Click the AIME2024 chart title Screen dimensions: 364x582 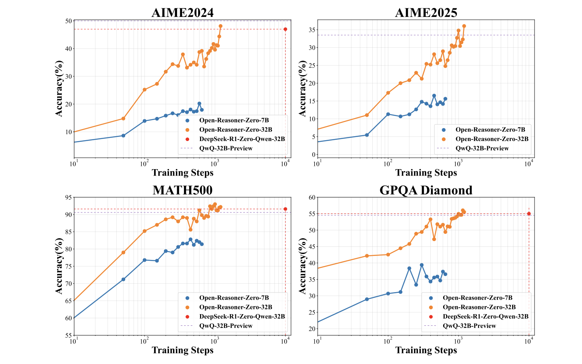click(x=182, y=12)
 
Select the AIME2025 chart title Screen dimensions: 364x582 click(x=426, y=12)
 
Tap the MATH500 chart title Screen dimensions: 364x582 click(x=182, y=190)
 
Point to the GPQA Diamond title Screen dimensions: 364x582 click(x=426, y=190)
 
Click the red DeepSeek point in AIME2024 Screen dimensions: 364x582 click(x=285, y=29)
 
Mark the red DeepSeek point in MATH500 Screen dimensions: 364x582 click(x=285, y=209)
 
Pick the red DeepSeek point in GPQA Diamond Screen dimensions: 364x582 click(x=529, y=214)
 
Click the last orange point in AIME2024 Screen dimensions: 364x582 click(x=221, y=26)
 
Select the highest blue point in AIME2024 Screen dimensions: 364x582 click(x=199, y=104)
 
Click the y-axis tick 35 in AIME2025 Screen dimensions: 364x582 click(x=312, y=30)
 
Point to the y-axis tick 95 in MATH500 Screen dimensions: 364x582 click(x=68, y=197)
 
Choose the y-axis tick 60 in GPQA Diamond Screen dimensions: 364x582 click(x=312, y=197)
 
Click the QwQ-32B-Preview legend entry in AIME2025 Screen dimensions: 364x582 click(x=482, y=148)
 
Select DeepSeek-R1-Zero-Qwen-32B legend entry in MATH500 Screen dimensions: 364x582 click(x=242, y=317)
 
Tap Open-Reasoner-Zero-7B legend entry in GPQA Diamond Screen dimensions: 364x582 click(x=477, y=298)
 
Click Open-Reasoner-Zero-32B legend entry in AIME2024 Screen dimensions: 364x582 click(x=235, y=129)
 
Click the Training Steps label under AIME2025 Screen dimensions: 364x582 click(x=426, y=173)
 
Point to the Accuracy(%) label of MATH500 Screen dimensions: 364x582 click(x=59, y=266)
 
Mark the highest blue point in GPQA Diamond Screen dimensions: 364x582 click(x=421, y=265)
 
